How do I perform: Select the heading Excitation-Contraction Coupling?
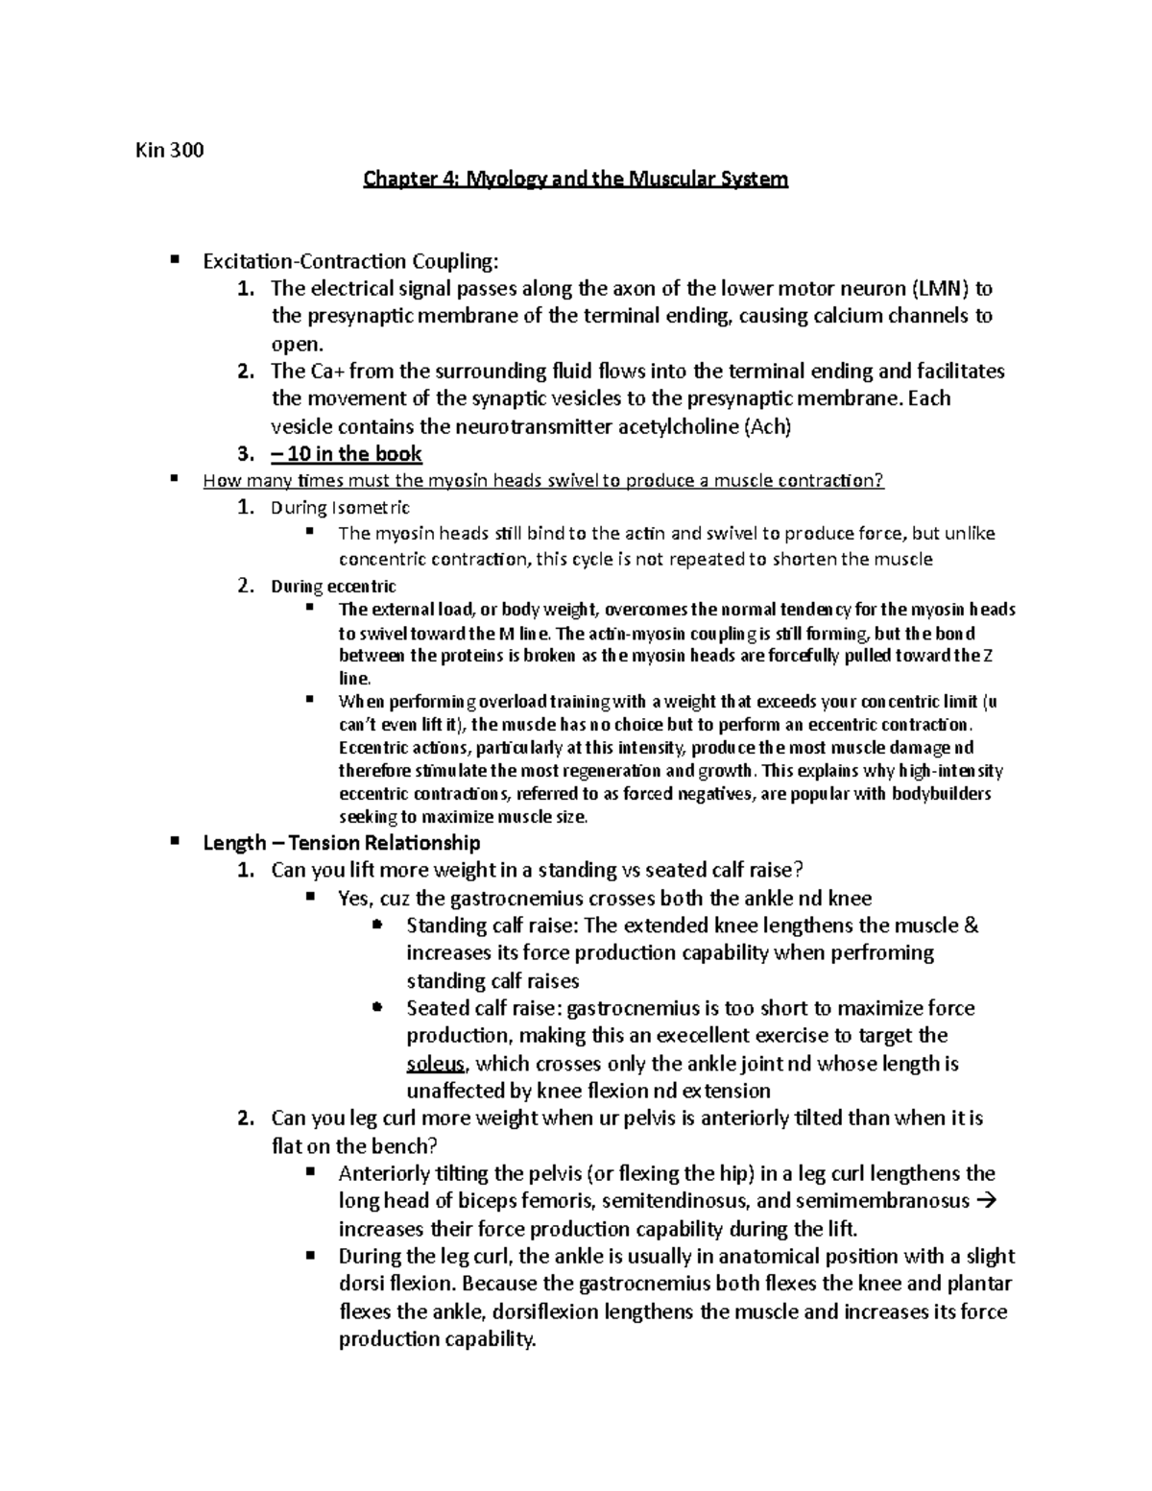[x=350, y=261]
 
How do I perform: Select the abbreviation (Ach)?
[x=767, y=426]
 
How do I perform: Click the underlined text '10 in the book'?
[x=357, y=454]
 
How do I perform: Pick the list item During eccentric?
[x=333, y=586]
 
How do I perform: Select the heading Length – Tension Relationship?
[x=341, y=843]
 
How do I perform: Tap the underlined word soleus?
[x=436, y=1064]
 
